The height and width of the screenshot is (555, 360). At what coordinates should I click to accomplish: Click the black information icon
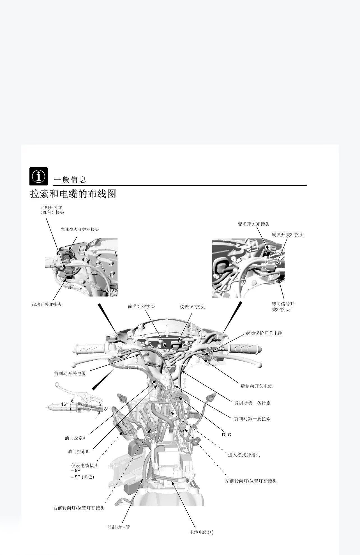pyautogui.click(x=38, y=176)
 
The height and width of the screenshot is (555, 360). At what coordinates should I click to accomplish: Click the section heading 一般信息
pyautogui.click(x=70, y=180)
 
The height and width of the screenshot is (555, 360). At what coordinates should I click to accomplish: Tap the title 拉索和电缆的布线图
pyautogui.click(x=73, y=194)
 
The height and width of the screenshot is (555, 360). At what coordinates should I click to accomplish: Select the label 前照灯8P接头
pyautogui.click(x=141, y=307)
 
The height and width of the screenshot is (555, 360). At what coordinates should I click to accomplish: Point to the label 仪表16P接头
pyautogui.click(x=192, y=307)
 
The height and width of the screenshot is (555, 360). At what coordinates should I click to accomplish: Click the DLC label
pyautogui.click(x=227, y=435)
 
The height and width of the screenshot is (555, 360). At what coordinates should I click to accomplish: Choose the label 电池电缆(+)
pyautogui.click(x=201, y=532)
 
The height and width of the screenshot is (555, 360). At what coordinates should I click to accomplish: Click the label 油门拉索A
pyautogui.click(x=75, y=437)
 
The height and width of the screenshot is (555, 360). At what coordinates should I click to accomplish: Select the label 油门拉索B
pyautogui.click(x=78, y=451)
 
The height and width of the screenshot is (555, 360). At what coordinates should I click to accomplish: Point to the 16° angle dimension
pyautogui.click(x=64, y=404)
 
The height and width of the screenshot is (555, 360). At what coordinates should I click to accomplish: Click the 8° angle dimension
pyautogui.click(x=106, y=409)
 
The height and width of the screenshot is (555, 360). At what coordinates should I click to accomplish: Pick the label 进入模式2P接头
pyautogui.click(x=244, y=455)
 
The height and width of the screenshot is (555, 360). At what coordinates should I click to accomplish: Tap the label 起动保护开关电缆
pyautogui.click(x=264, y=333)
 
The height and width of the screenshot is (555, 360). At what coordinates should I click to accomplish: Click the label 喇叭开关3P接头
pyautogui.click(x=288, y=235)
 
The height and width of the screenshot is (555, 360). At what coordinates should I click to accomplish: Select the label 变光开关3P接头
pyautogui.click(x=253, y=224)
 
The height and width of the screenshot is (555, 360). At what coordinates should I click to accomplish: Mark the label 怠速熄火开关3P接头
pyautogui.click(x=80, y=229)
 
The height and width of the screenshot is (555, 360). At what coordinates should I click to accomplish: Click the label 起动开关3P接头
pyautogui.click(x=47, y=304)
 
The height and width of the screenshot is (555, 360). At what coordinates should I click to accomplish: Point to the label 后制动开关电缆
pyautogui.click(x=257, y=386)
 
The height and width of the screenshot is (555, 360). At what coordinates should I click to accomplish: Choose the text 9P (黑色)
pyautogui.click(x=84, y=477)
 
